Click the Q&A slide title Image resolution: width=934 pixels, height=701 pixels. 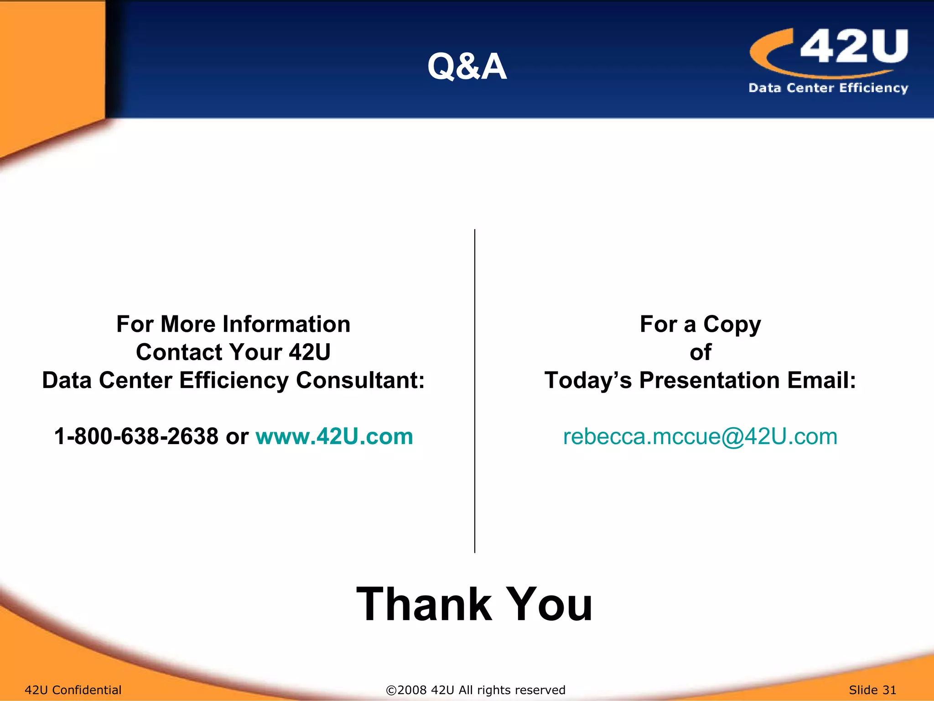coord(467,67)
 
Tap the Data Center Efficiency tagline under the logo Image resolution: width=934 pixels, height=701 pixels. coord(828,88)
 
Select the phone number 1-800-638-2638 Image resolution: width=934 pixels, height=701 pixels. coord(136,436)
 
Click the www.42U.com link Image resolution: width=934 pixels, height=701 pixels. coord(334,436)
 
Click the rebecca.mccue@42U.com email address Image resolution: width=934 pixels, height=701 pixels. coord(700,436)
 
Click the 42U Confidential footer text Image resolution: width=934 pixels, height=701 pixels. coord(73,690)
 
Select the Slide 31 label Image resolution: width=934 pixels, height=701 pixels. coord(872,690)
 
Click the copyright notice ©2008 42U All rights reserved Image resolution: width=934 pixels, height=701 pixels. coord(475,690)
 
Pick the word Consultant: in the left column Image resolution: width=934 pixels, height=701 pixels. coord(360,380)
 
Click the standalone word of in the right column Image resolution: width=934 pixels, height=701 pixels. coord(700,352)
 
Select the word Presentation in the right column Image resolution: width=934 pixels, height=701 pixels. coord(709,380)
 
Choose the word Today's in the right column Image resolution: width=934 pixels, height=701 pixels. coord(588,380)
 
